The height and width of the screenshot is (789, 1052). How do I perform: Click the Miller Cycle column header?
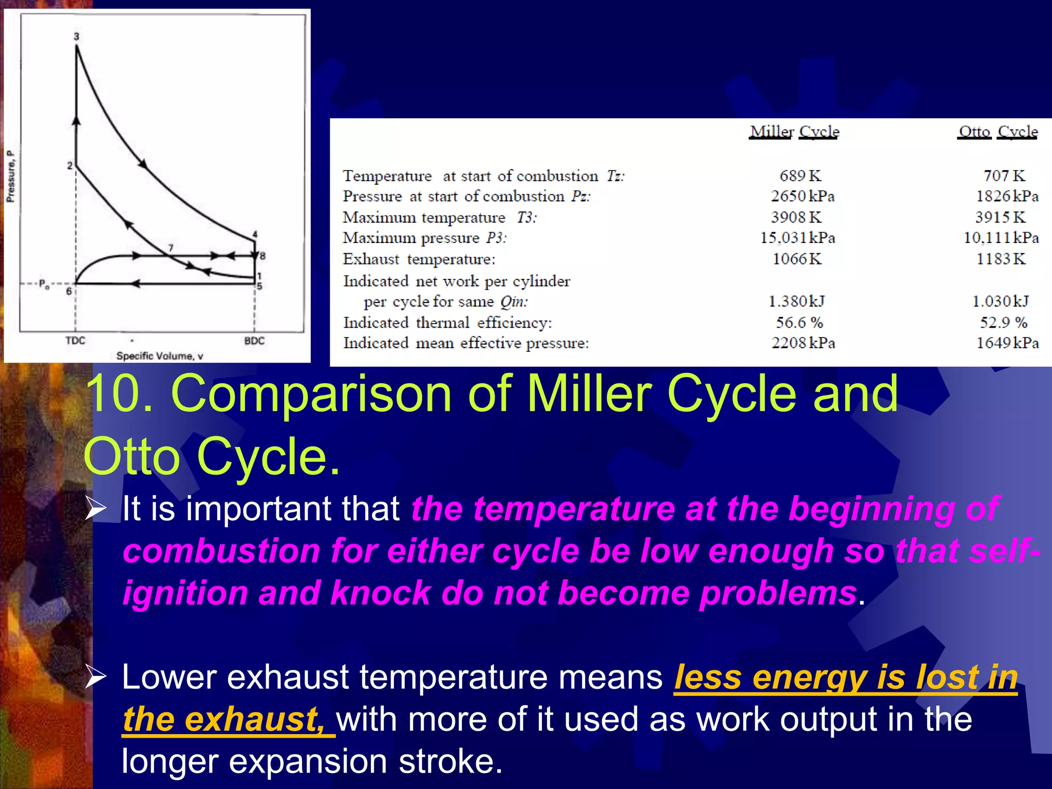click(794, 132)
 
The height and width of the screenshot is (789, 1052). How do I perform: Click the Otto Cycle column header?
click(998, 132)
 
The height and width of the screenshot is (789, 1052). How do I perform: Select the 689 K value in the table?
click(800, 176)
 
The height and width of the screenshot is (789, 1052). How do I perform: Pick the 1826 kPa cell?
click(1007, 196)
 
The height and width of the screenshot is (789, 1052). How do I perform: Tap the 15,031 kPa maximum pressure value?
click(797, 238)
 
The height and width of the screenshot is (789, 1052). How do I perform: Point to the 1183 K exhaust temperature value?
click(1001, 259)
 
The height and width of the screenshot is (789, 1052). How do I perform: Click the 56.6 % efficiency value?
click(799, 323)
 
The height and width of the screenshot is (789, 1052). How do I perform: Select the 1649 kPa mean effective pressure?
click(1007, 343)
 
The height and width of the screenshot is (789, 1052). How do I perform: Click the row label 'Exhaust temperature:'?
click(419, 259)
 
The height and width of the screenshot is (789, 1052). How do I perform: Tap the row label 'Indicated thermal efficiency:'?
click(447, 323)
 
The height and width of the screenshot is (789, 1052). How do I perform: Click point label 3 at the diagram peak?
click(77, 36)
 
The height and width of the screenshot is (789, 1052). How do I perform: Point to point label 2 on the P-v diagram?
click(70, 165)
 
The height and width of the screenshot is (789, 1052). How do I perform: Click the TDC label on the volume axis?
click(75, 341)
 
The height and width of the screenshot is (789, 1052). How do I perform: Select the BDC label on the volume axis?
click(254, 341)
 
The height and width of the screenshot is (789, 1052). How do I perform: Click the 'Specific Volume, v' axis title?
click(160, 356)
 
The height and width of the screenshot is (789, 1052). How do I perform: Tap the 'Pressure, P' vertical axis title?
click(11, 176)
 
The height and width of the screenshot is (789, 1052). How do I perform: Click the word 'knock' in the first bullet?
click(381, 593)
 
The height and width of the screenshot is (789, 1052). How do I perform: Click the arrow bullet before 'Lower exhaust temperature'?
click(96, 677)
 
